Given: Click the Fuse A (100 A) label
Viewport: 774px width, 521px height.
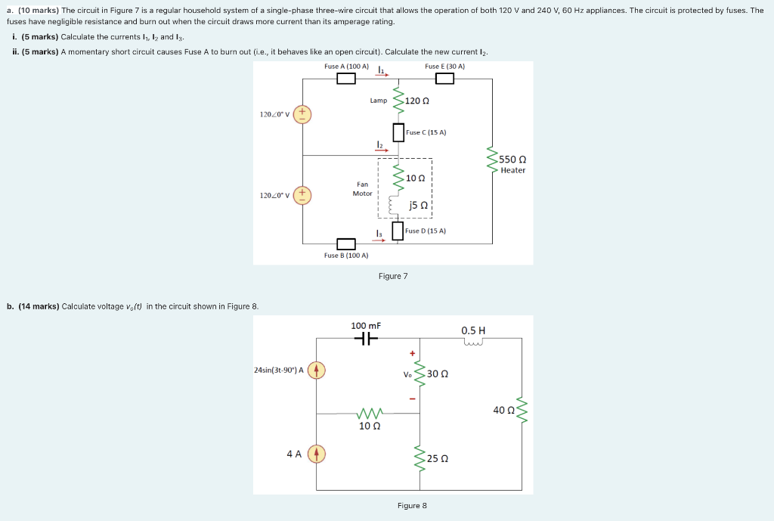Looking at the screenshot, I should pyautogui.click(x=346, y=67).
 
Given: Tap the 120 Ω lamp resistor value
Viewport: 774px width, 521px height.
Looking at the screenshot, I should pyautogui.click(x=417, y=101).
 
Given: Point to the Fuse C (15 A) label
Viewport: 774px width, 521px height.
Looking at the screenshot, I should pyautogui.click(x=426, y=132).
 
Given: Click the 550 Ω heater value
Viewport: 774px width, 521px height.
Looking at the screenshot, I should pyautogui.click(x=512, y=160).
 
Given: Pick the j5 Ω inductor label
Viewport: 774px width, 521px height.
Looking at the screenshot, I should pyautogui.click(x=418, y=205).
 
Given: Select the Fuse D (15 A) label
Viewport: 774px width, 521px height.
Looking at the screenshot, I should pyautogui.click(x=426, y=231).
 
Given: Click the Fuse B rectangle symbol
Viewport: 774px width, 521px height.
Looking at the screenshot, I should pyautogui.click(x=346, y=243).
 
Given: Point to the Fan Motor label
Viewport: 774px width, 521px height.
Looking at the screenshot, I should pyautogui.click(x=362, y=188).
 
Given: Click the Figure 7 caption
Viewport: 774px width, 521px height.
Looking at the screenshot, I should pyautogui.click(x=393, y=276).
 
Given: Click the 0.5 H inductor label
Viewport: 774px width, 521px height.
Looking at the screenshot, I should pyautogui.click(x=473, y=330).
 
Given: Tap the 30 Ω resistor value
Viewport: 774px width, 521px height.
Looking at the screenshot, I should pyautogui.click(x=438, y=374).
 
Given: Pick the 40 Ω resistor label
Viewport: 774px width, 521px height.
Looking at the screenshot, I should pyautogui.click(x=503, y=410).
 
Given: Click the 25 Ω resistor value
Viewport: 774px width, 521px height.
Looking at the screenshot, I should pyautogui.click(x=438, y=458).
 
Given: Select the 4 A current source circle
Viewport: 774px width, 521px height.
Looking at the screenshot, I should pyautogui.click(x=317, y=454).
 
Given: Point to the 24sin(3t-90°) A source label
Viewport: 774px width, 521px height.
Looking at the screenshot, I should pyautogui.click(x=280, y=370).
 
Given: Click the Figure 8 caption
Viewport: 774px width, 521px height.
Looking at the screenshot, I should pyautogui.click(x=412, y=505).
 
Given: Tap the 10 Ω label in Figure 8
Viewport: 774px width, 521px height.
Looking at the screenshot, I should pyautogui.click(x=370, y=426).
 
